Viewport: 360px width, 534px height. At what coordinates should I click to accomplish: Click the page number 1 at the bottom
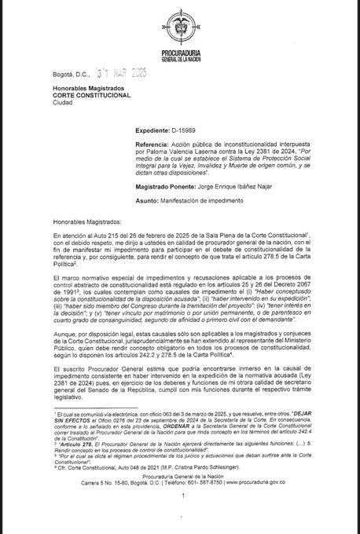181,518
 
